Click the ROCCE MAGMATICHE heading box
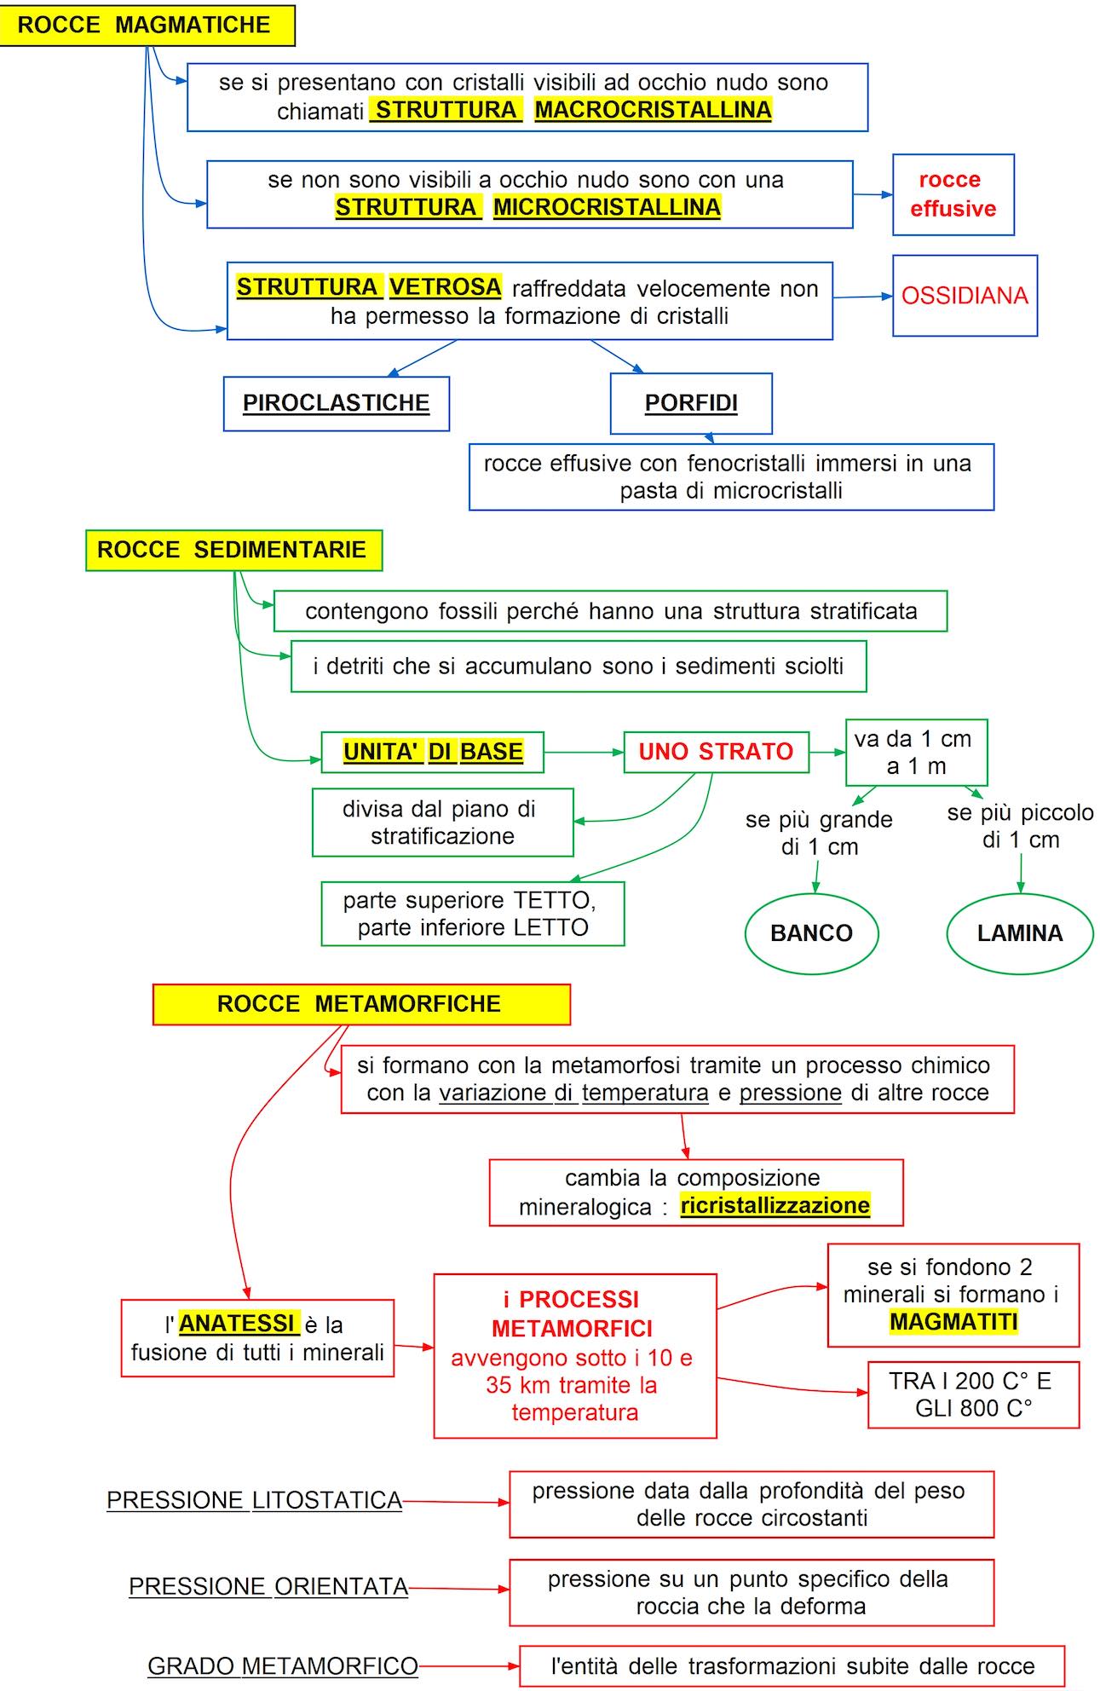click(x=146, y=25)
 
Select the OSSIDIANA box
click(x=965, y=295)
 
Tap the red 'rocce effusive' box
click(x=953, y=194)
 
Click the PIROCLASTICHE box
click(x=336, y=403)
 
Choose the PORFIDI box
click(x=691, y=403)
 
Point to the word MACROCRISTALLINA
click(x=653, y=110)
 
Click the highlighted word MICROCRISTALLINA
click(x=607, y=207)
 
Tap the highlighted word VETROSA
click(x=445, y=287)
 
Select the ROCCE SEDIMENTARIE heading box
click(x=233, y=550)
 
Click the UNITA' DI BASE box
click(x=432, y=752)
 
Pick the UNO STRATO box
click(x=716, y=752)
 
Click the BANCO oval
click(x=811, y=933)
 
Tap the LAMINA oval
click(x=1020, y=933)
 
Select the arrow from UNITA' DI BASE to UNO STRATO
click(x=584, y=753)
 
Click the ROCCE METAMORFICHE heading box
click(x=361, y=1004)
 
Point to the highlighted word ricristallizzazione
click(x=775, y=1205)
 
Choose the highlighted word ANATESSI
click(x=237, y=1323)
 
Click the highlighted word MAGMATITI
click(x=953, y=1321)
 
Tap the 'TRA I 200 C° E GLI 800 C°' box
click(x=973, y=1394)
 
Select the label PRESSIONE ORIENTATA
click(x=268, y=1587)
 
